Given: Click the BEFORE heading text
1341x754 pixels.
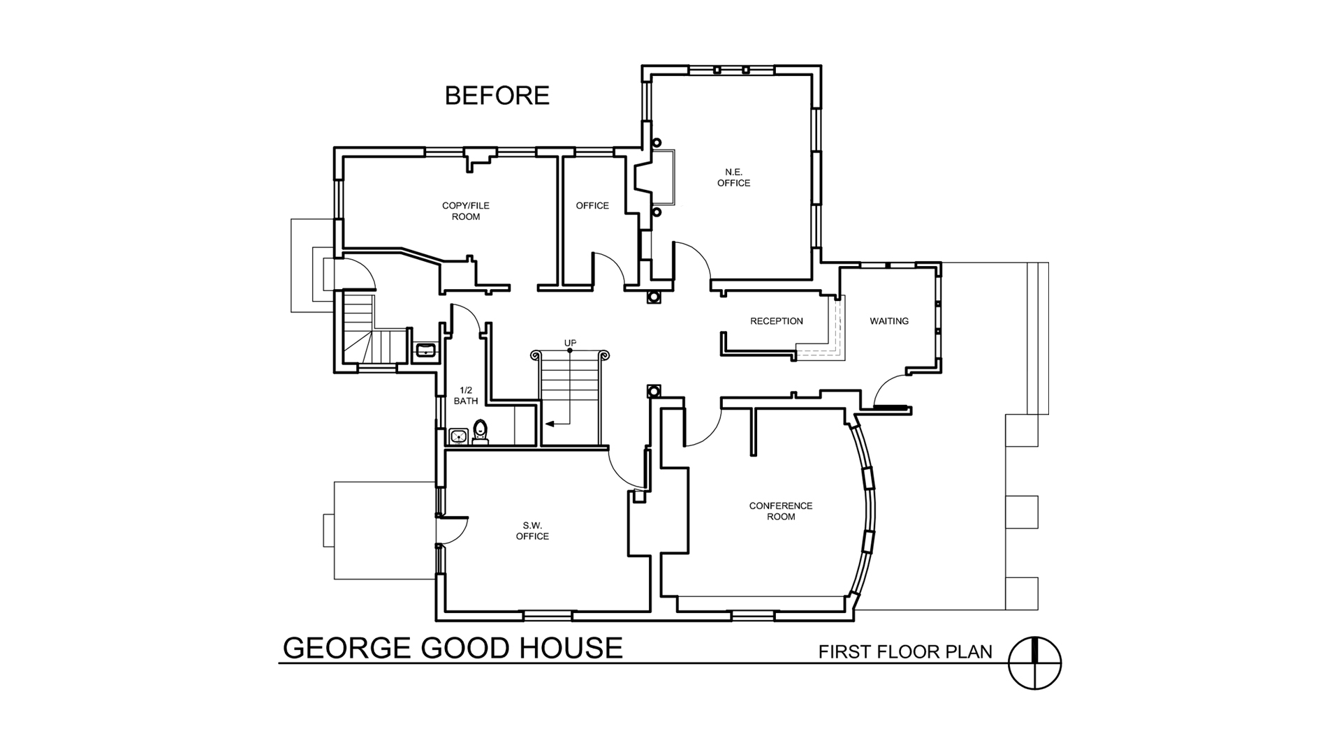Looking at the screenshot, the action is (x=497, y=96).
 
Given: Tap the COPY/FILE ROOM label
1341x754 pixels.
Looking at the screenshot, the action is (x=466, y=211).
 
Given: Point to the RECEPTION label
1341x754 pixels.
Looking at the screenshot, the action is (x=777, y=321).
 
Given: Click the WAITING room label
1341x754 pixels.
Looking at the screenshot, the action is (x=889, y=321).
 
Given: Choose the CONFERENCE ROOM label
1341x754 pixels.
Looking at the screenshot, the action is (x=781, y=511).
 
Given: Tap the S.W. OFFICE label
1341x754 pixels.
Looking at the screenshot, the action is (x=532, y=531).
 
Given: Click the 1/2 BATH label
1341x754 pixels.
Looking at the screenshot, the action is (x=466, y=395).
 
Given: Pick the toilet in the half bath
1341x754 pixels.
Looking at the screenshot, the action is (x=481, y=431).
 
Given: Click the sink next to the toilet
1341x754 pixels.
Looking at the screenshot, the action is (x=458, y=436).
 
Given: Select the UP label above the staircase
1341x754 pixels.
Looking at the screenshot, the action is (x=570, y=343).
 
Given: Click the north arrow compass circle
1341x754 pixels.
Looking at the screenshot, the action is (x=1035, y=663).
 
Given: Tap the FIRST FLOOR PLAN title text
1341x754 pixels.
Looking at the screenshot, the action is (x=905, y=652).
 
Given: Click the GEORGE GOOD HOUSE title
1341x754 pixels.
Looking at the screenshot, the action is (x=453, y=648).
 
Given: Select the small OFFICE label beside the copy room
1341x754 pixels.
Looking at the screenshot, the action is (x=592, y=206).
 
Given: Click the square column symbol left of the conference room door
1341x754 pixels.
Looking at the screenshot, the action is (x=654, y=391).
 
